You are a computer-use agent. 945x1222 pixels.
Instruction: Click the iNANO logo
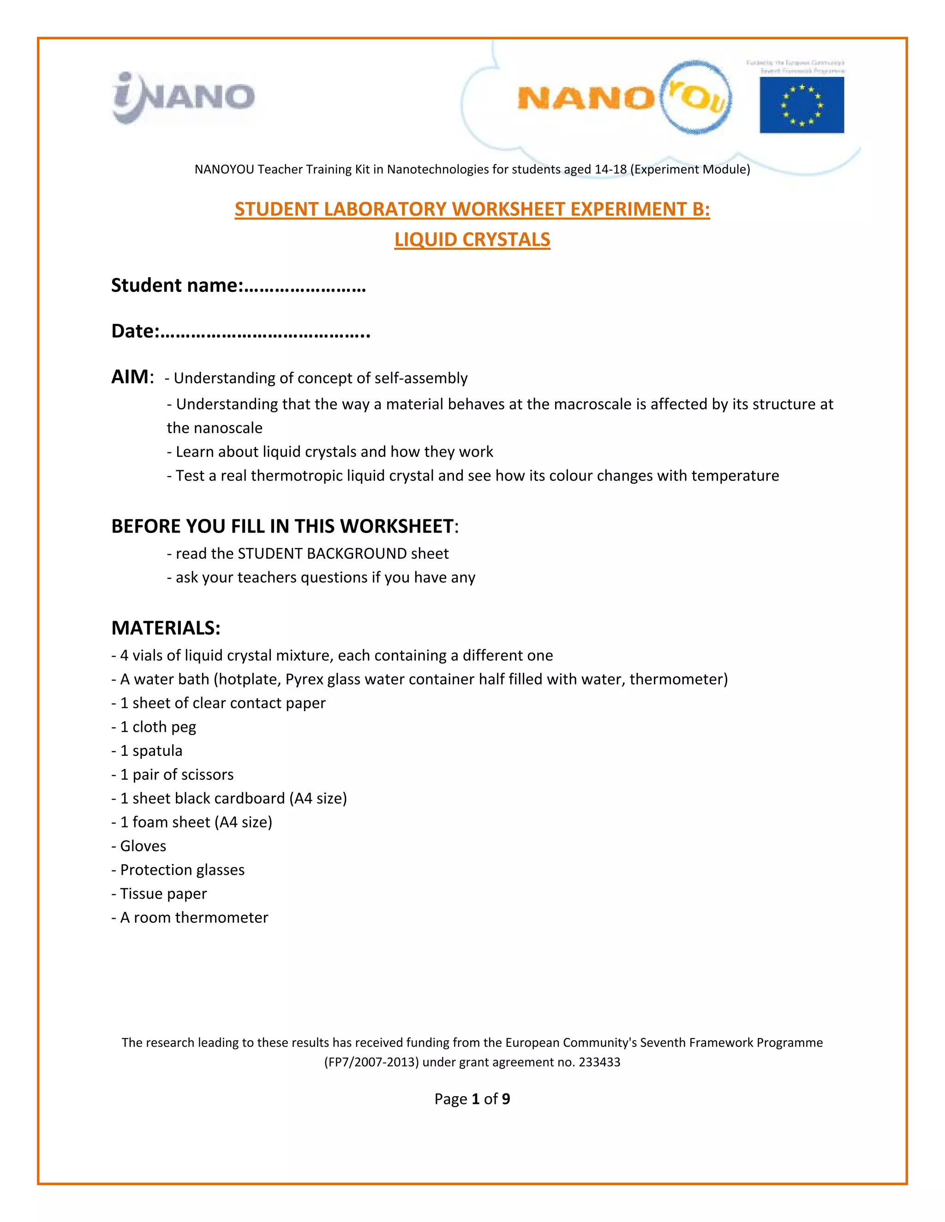[184, 97]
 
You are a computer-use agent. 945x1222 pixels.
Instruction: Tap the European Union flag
[801, 105]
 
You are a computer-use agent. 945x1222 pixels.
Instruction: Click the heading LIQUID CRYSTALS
[472, 239]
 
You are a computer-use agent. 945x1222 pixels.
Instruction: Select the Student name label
[177, 285]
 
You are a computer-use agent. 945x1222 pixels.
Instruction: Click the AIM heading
[131, 377]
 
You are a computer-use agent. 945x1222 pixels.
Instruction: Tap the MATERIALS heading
[166, 628]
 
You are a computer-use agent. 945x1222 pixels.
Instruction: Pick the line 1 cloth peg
[154, 727]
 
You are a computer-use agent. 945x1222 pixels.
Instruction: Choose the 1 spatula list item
[147, 751]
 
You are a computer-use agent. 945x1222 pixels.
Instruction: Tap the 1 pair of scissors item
[173, 774]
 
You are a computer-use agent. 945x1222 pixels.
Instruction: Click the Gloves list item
[139, 846]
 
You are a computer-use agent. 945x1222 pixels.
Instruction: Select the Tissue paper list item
[160, 894]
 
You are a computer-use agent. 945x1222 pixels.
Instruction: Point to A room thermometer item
[191, 918]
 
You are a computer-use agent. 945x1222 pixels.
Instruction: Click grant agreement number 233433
[599, 1062]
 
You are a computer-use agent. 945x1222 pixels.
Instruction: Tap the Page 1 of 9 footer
[472, 1099]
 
